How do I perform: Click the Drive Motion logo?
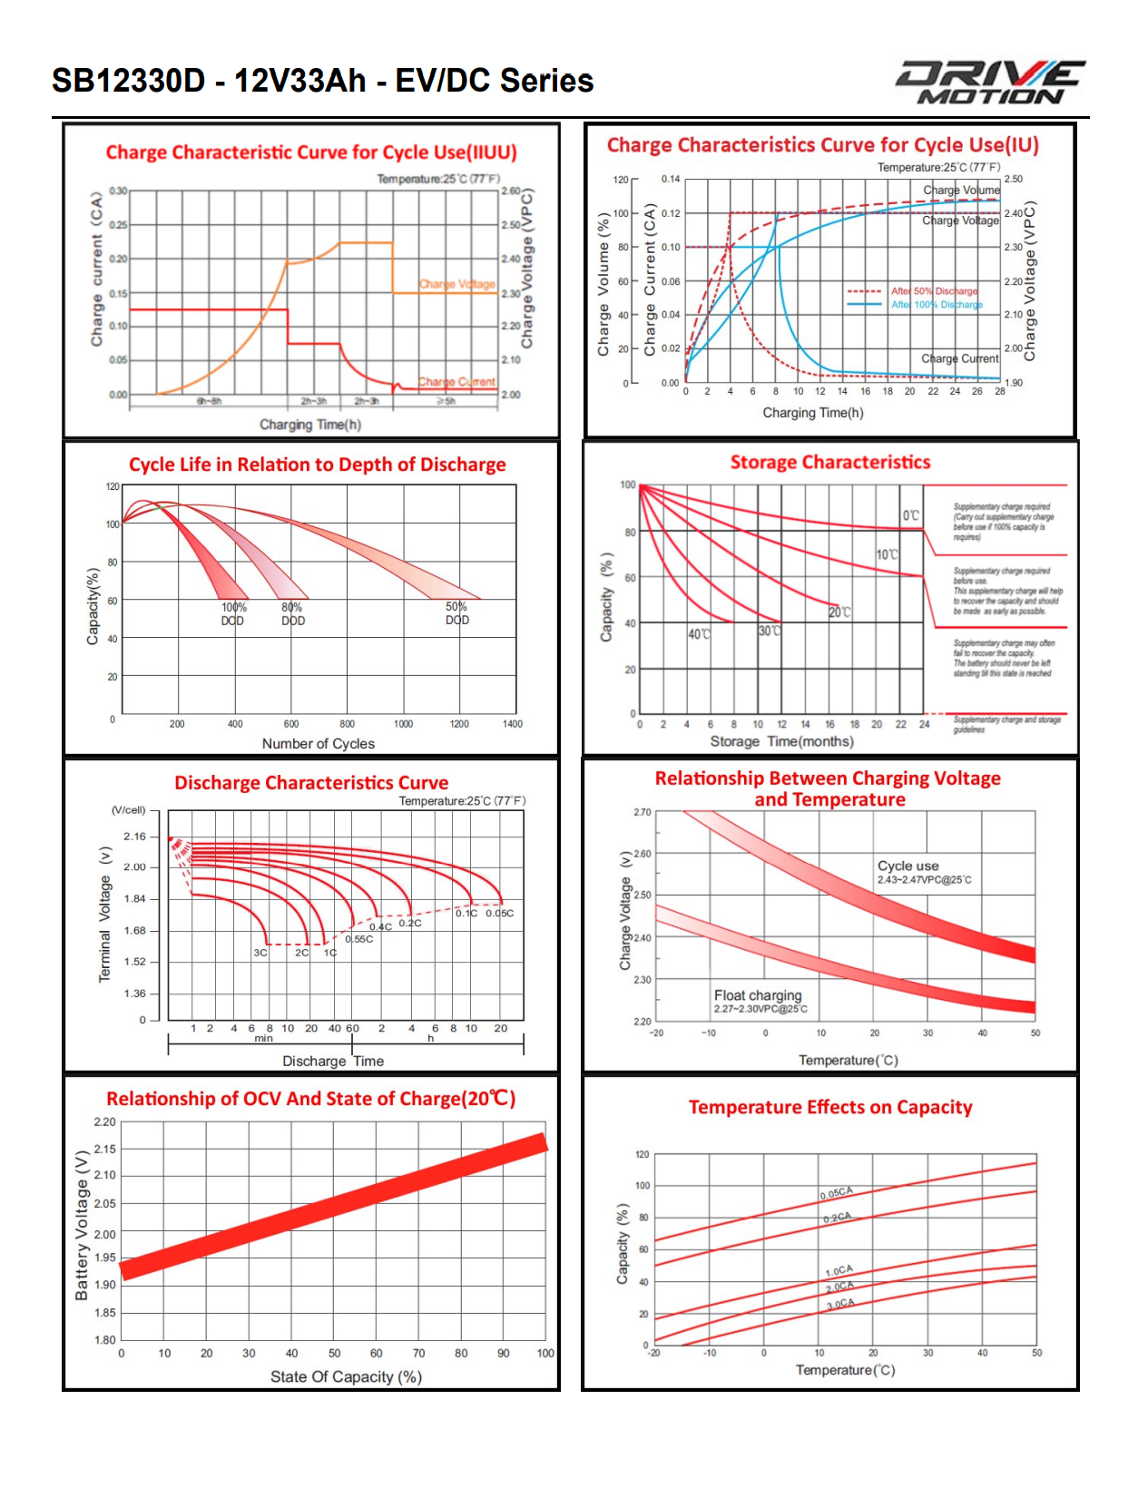pos(990,83)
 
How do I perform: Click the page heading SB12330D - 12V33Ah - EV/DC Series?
pos(322,81)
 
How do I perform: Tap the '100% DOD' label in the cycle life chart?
pos(233,614)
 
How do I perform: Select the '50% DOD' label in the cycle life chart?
pos(457,613)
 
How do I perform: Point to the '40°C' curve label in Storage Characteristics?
pos(699,634)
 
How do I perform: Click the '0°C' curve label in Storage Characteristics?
pos(910,515)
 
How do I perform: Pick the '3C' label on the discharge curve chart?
pos(260,953)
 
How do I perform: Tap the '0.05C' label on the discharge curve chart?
pos(499,914)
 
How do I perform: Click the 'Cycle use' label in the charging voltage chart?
pos(908,866)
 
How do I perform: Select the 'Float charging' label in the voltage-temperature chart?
pos(758,995)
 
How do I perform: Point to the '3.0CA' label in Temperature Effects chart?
pos(840,1304)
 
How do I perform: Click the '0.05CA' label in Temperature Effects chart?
pos(836,1192)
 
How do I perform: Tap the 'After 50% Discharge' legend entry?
pos(934,291)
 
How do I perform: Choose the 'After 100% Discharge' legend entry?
pos(937,305)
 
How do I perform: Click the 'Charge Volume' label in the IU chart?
pos(961,190)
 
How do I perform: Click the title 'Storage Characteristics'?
pos(830,463)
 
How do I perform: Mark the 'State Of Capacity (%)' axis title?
pos(346,1377)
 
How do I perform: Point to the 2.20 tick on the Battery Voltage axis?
pos(105,1122)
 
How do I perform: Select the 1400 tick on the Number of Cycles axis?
pos(513,724)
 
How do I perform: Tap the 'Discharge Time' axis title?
pos(333,1062)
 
